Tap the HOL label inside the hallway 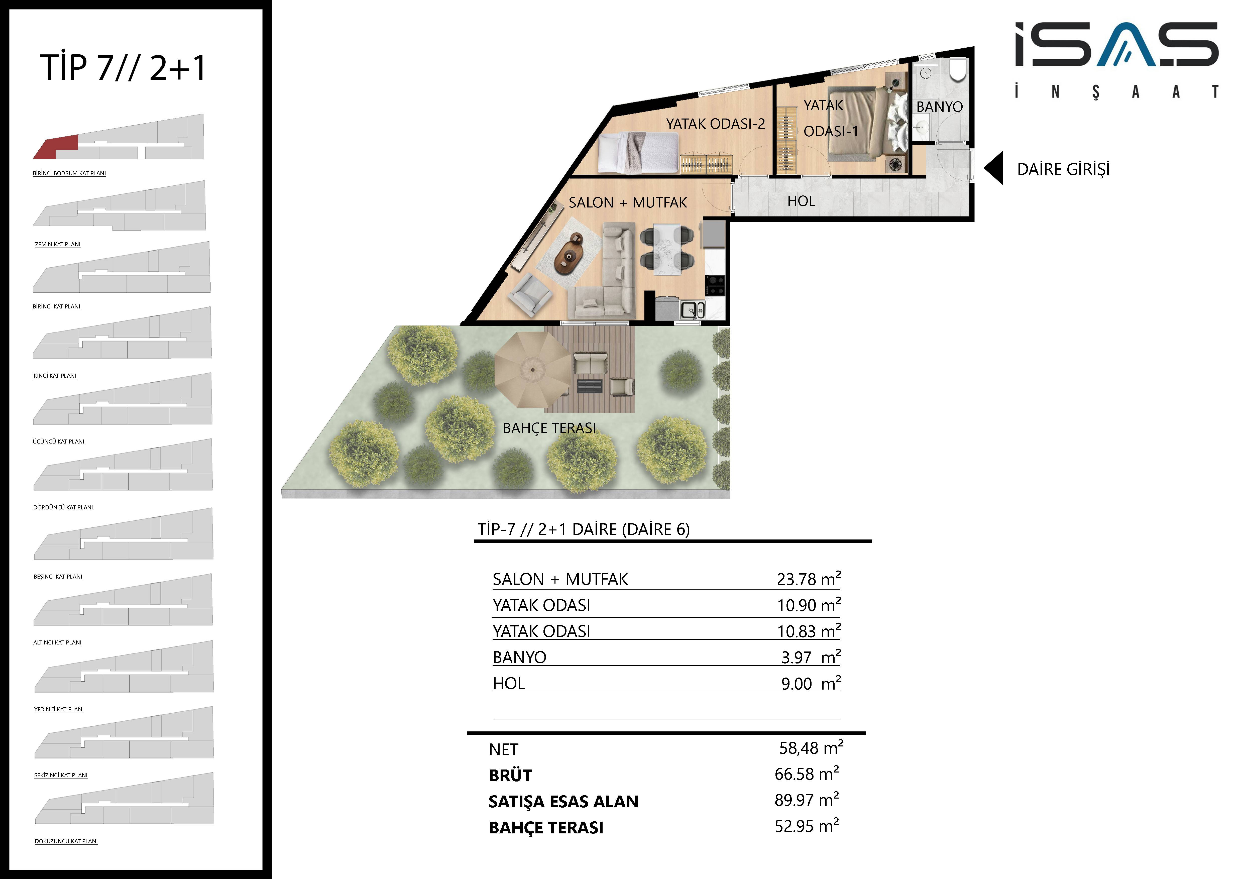[x=801, y=201]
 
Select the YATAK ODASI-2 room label [x=715, y=124]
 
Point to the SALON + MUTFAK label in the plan [x=627, y=202]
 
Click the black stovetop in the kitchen [x=716, y=285]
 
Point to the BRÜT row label [x=510, y=776]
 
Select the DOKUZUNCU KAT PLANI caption [x=66, y=841]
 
